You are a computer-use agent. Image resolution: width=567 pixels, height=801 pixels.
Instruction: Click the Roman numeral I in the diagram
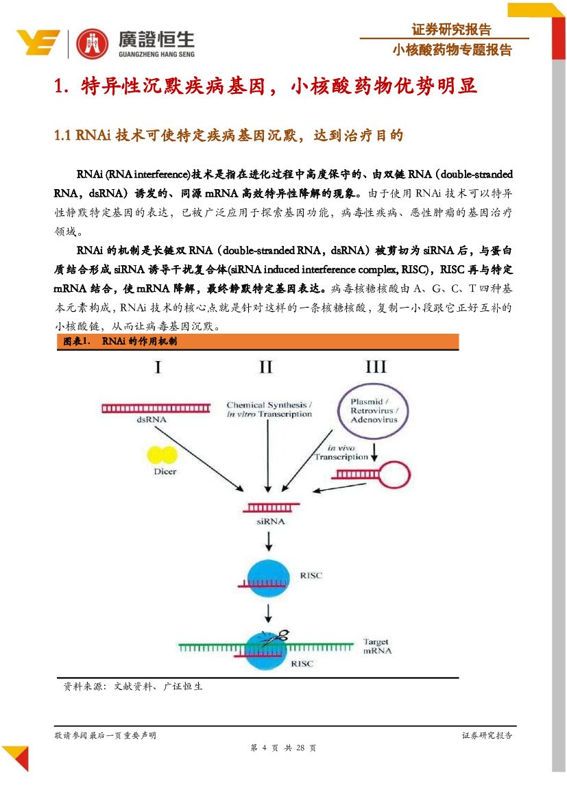coord(158,367)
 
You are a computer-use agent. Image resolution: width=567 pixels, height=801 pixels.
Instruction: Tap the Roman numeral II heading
coord(265,367)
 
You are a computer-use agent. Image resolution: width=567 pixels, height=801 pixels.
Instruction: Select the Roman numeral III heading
coord(375,367)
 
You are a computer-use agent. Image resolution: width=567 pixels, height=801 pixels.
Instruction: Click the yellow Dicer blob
coord(164,455)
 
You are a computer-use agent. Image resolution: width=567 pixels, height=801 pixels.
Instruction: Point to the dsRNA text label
coord(150,419)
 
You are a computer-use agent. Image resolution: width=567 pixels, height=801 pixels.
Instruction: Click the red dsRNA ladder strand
coord(150,409)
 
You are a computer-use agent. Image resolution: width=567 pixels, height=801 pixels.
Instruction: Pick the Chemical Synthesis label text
coord(269,409)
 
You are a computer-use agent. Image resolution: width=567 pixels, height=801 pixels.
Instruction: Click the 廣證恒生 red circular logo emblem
coord(92,44)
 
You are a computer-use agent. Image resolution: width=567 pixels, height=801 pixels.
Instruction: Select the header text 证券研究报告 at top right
coord(451,29)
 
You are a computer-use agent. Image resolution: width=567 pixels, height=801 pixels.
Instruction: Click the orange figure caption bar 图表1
coord(257,341)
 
